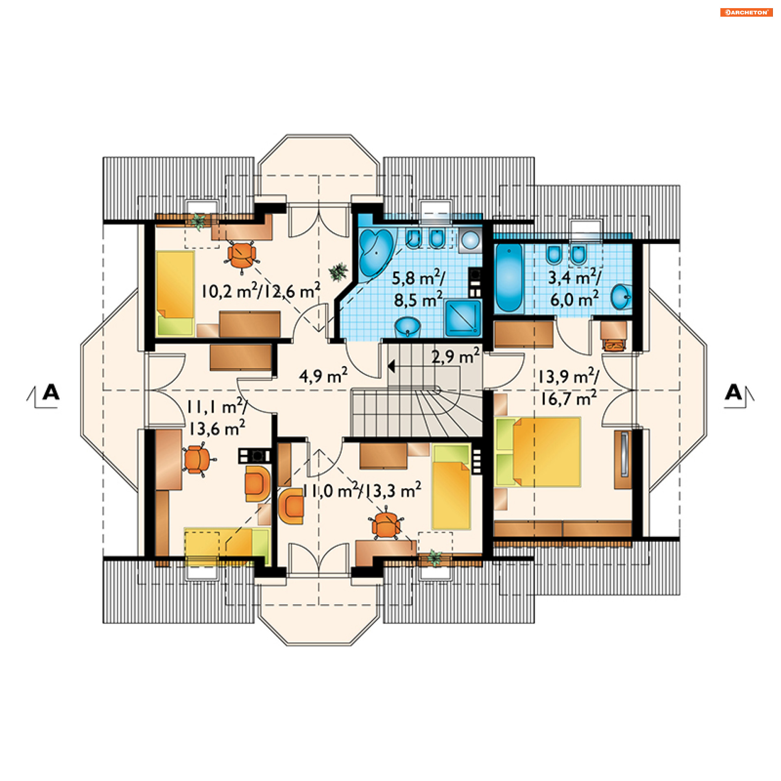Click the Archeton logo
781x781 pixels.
pos(746,13)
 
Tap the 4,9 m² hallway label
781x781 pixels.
pos(323,375)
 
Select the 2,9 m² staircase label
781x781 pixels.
pos(455,356)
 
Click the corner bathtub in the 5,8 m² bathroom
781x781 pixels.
pos(376,252)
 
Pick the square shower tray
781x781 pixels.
pos(463,318)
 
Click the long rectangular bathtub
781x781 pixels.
pos(508,278)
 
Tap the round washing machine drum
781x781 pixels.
pos(471,240)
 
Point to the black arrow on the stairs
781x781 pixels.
pos(391,367)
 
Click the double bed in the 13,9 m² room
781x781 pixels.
pos(538,452)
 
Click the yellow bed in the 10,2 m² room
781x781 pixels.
pos(175,293)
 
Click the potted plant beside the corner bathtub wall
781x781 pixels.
pos(338,272)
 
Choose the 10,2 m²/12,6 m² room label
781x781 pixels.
pos(261,290)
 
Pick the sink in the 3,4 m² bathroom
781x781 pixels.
pos(621,297)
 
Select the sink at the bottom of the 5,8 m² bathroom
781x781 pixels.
pos(407,327)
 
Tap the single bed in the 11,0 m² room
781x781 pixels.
pos(451,487)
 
